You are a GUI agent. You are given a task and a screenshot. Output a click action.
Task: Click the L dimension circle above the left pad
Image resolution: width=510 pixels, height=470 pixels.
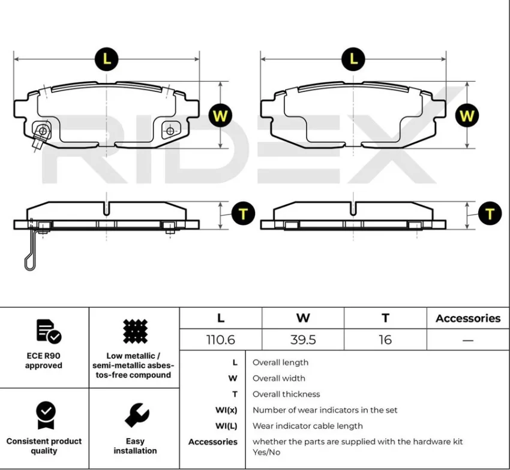pyautogui.click(x=107, y=59)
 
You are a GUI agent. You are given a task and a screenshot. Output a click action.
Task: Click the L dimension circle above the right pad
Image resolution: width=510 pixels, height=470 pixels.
pyautogui.click(x=353, y=59)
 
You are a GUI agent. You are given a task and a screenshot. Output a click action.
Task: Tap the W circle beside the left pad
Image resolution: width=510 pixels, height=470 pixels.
pyautogui.click(x=220, y=115)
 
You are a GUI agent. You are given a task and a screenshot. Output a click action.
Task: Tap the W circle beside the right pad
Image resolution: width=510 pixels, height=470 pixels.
pyautogui.click(x=467, y=115)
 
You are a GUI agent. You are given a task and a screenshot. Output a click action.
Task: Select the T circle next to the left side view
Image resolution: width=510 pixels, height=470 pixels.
pyautogui.click(x=243, y=214)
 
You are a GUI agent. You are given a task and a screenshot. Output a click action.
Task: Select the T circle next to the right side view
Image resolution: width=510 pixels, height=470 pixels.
pyautogui.click(x=490, y=214)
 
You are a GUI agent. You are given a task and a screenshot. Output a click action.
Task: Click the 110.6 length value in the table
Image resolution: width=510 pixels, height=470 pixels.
pyautogui.click(x=221, y=340)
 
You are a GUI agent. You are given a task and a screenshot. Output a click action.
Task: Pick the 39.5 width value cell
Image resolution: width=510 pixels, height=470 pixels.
pyautogui.click(x=303, y=340)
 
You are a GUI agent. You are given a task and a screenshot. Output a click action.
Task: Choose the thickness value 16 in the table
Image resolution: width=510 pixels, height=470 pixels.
pyautogui.click(x=385, y=340)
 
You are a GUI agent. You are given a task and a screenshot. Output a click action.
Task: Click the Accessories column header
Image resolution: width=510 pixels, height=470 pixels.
pyautogui.click(x=468, y=318)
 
